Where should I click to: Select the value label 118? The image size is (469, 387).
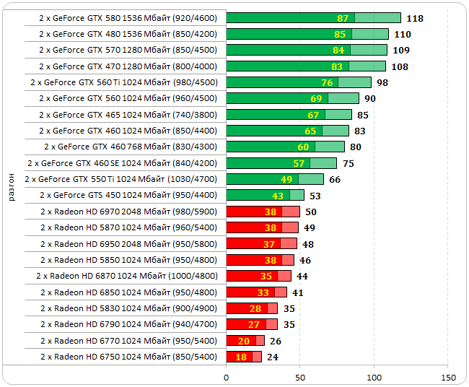click(415, 18)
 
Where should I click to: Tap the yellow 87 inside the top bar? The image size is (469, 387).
click(343, 18)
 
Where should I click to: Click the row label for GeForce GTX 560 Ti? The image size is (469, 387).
click(124, 82)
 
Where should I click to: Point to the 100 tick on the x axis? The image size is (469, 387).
click(374, 377)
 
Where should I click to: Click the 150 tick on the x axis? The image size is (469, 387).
click(448, 377)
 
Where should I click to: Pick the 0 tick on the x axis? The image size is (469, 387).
click(227, 377)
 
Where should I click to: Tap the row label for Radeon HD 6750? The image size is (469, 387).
click(128, 357)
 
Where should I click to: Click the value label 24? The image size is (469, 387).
click(273, 357)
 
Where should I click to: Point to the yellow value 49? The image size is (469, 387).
click(286, 179)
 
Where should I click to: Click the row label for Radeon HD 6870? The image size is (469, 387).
click(126, 276)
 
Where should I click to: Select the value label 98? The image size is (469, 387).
click(382, 82)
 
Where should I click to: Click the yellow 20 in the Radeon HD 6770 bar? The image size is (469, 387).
click(243, 341)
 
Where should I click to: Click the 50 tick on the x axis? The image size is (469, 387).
click(300, 377)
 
